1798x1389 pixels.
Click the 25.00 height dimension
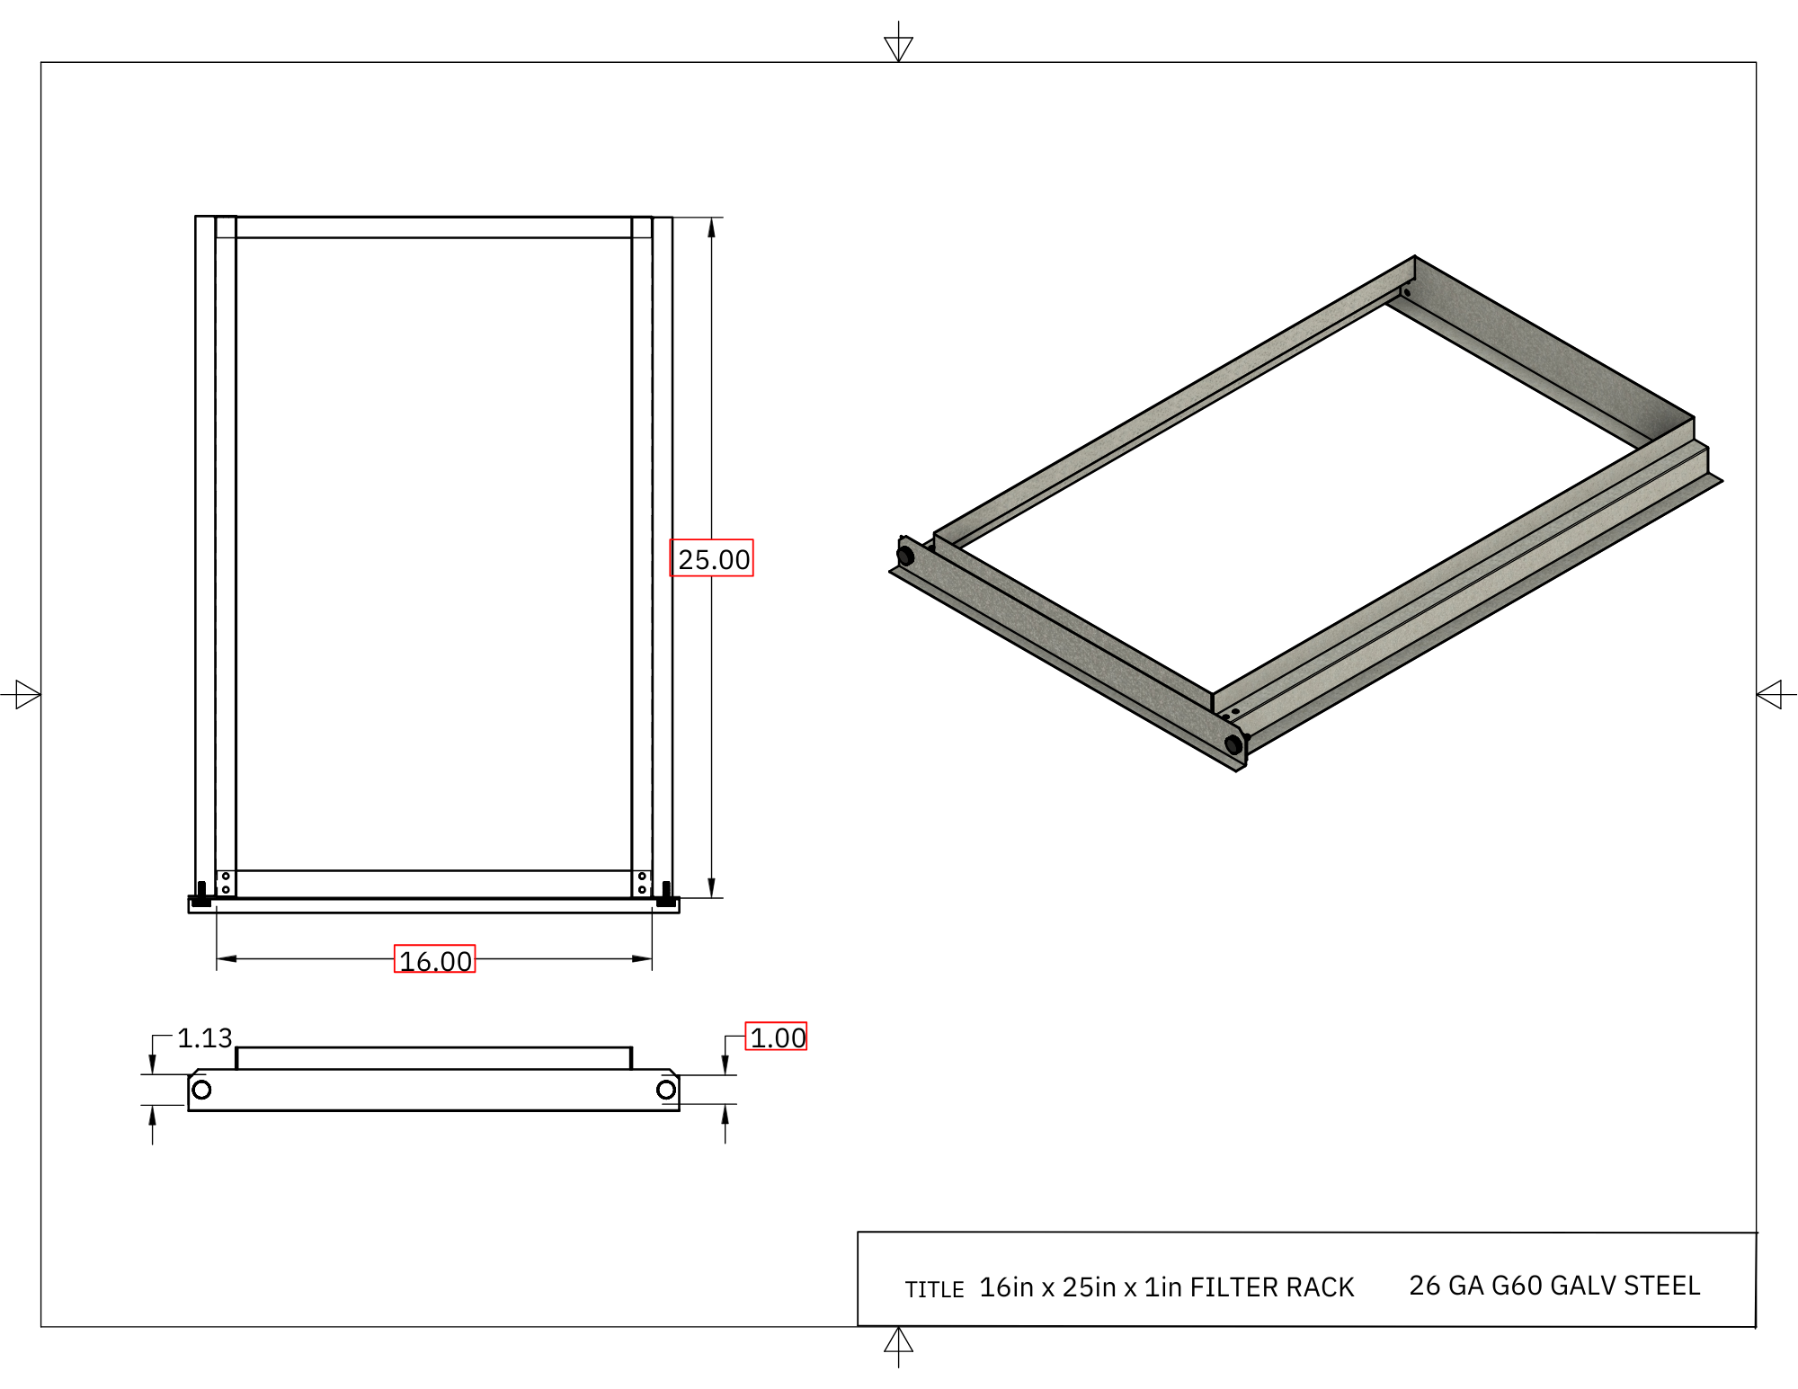712,558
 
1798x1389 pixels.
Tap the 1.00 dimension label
777,1037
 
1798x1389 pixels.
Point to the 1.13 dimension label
204,1037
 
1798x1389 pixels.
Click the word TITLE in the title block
934,1289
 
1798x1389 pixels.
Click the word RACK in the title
1320,1287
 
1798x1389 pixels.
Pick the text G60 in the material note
1517,1286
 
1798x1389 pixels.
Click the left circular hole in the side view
202,1090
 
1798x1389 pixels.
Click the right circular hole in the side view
666,1090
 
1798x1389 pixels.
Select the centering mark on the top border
898,45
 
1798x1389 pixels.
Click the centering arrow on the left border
25,695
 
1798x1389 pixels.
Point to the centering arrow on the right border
1772,695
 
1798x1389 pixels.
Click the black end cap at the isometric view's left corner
905,554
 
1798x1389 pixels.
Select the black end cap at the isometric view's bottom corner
1234,744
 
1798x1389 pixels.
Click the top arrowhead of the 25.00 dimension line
711,227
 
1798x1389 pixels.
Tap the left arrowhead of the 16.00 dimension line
227,958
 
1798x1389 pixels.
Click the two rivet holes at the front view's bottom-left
226,883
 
